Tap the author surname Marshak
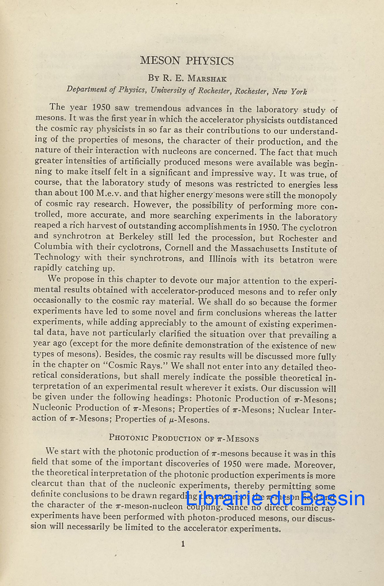pos(198,78)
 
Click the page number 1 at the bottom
pos(183,544)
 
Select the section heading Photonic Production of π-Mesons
pos(184,438)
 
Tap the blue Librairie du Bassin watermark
pos(275,499)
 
